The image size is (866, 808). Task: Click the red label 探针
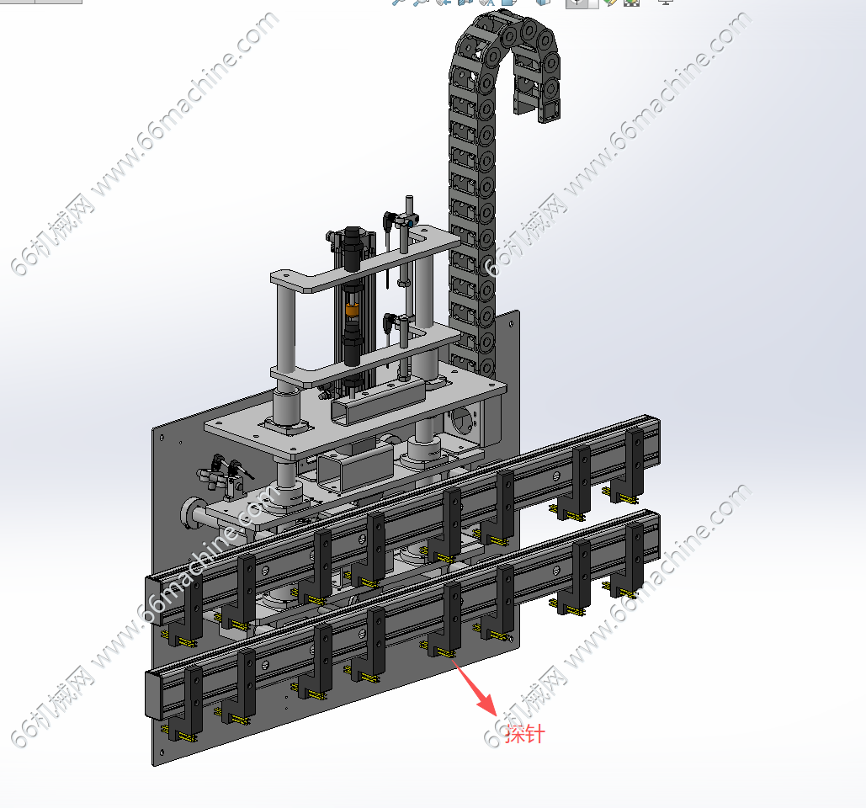click(x=524, y=734)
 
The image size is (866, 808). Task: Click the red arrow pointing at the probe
click(x=475, y=687)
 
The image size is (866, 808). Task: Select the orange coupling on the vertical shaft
click(x=352, y=310)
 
